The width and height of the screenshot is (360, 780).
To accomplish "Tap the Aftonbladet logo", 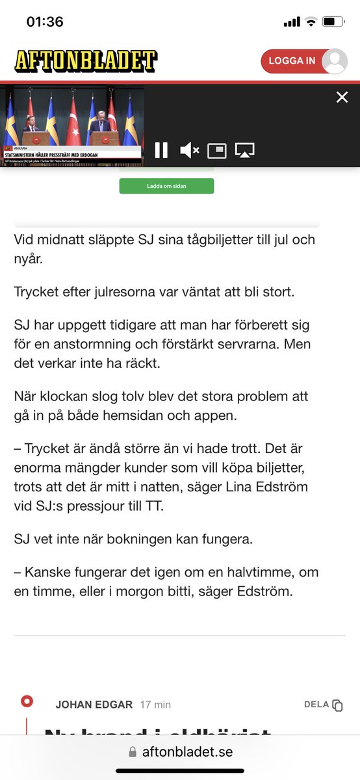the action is point(86,61).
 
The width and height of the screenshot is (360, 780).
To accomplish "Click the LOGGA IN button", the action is point(292,60).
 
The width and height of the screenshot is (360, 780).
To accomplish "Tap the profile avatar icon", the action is point(335,61).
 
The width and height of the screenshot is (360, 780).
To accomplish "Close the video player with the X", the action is point(342,97).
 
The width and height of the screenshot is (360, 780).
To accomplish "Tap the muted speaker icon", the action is point(189,151).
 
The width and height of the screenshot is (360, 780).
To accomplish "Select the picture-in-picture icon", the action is point(216,151).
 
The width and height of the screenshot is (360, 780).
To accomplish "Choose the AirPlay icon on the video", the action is point(245,151).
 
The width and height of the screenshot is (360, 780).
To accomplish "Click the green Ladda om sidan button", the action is point(166,186).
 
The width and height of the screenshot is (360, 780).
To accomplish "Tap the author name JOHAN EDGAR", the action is point(94,705).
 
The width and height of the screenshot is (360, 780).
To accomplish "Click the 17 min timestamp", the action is point(155,705).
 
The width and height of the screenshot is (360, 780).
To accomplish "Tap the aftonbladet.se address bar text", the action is point(187,751).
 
